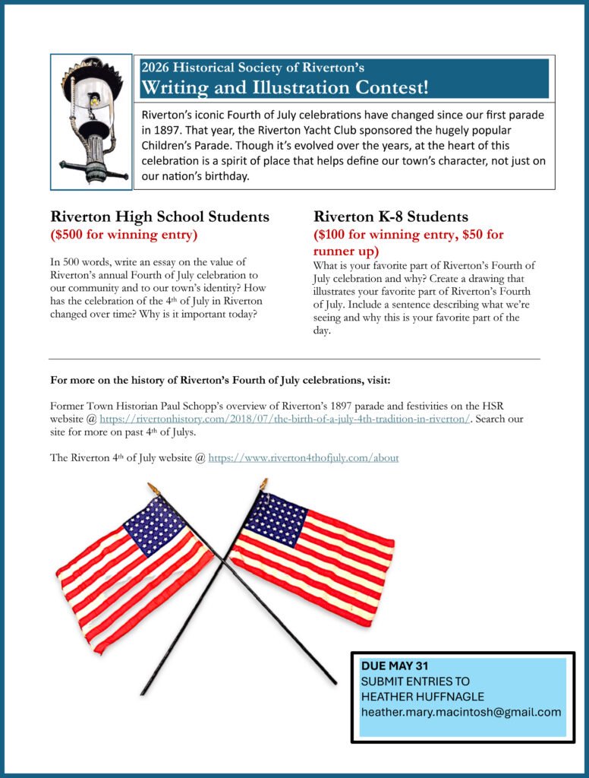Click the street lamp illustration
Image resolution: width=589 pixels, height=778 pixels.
[92, 122]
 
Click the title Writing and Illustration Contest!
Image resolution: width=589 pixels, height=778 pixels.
[285, 87]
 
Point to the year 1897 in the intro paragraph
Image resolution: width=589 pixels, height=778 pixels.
[157, 130]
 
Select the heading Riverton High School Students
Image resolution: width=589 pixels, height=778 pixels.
[159, 217]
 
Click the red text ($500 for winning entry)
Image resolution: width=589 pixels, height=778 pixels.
[124, 234]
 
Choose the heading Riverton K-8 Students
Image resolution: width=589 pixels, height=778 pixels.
[391, 217]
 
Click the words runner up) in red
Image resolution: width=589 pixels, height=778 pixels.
[346, 251]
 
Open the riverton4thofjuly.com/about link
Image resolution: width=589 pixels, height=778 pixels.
[304, 458]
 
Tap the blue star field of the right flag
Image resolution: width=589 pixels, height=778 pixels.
[275, 519]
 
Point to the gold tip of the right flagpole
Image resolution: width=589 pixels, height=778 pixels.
[263, 484]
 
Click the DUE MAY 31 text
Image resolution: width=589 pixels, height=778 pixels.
[395, 666]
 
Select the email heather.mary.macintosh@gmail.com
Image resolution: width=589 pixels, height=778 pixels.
[461, 712]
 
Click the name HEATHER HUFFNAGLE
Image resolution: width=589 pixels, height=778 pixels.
[422, 697]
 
